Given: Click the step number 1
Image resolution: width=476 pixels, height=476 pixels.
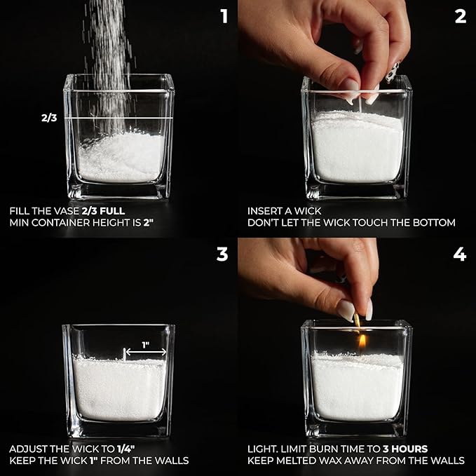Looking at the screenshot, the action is [224, 16].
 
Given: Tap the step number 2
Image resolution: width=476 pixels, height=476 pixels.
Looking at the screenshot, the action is [460, 16].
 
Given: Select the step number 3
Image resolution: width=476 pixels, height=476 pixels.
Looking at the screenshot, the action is [222, 254].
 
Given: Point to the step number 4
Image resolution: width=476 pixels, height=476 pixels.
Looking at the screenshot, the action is [460, 254].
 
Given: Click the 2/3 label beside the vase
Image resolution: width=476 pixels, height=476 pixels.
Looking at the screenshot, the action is [49, 118].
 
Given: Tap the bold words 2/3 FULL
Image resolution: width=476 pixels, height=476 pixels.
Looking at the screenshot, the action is [103, 211].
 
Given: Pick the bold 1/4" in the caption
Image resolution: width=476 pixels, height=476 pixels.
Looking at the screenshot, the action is [125, 449].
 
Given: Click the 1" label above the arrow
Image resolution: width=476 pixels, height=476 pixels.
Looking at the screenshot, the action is [146, 345].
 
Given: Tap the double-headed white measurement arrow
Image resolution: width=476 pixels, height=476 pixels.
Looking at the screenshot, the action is [146, 352].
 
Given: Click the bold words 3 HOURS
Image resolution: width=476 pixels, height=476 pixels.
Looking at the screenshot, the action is [405, 449].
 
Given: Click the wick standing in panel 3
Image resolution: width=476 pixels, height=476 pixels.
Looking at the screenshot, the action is [124, 355].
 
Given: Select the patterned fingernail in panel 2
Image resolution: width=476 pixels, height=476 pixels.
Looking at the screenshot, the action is [393, 73].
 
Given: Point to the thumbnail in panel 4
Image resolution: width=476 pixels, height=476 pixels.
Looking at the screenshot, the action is [346, 311].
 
